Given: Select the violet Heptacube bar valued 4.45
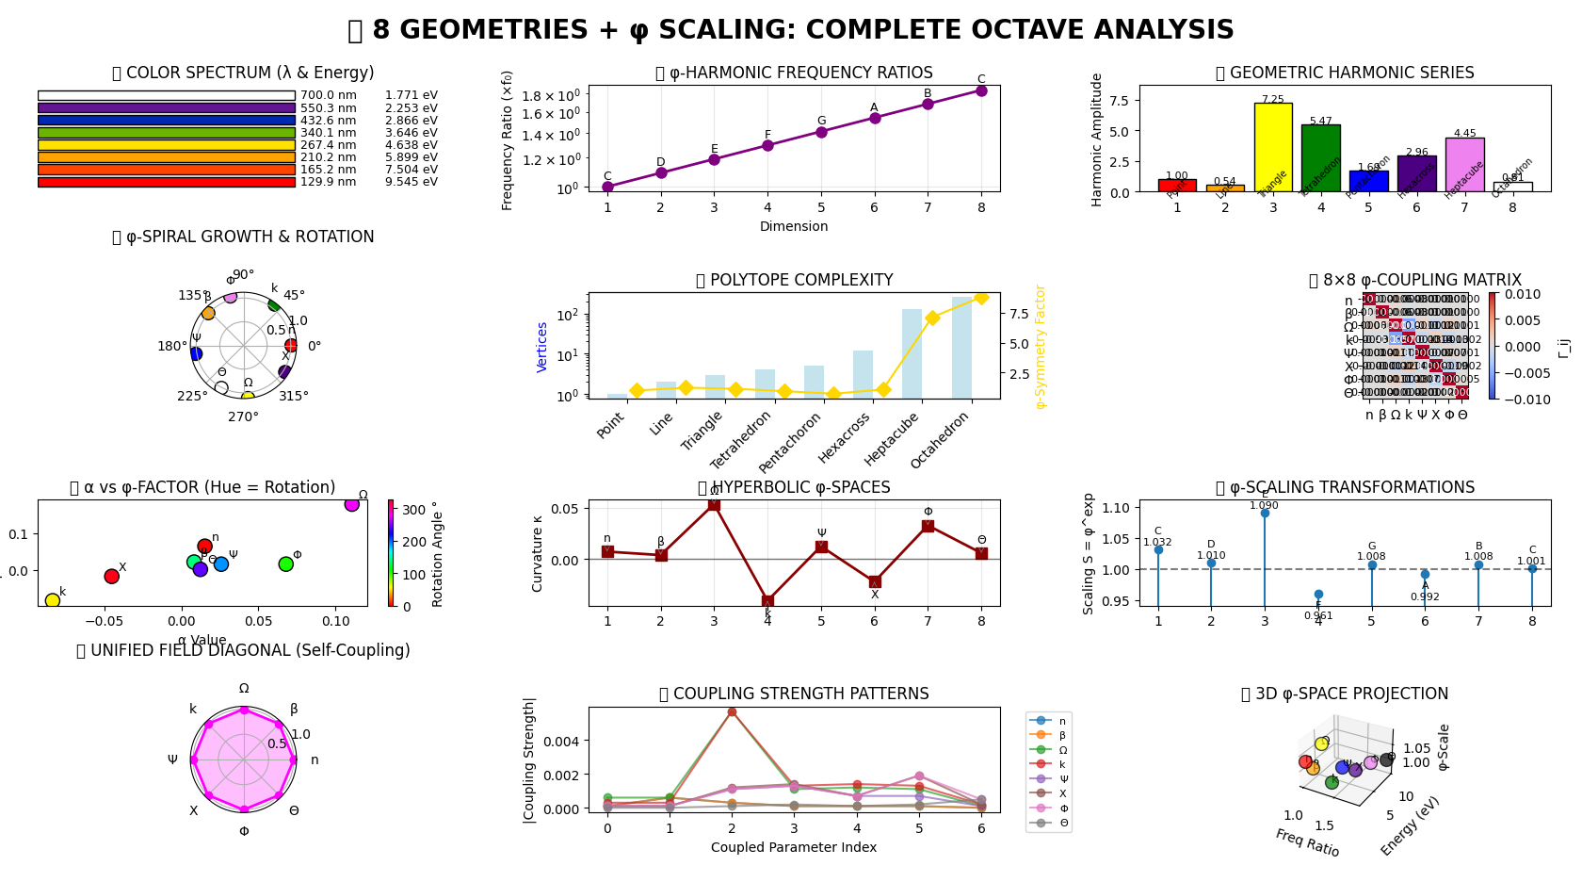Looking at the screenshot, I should click(1464, 165).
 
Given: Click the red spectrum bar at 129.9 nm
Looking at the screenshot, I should click(167, 182).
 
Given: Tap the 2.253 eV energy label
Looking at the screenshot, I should click(411, 108).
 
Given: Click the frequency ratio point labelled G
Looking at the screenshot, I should click(821, 132).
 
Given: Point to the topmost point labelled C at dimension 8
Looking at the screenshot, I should click(981, 90).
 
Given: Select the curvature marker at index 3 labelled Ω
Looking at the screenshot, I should click(714, 504).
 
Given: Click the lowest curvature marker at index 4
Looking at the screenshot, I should click(767, 601).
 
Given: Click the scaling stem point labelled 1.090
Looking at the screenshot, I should click(1265, 513).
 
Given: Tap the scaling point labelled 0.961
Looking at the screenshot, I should click(1318, 595).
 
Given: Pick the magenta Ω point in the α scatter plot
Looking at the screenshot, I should click(352, 504).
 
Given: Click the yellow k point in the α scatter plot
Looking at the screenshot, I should click(53, 600).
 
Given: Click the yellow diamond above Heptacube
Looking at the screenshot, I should click(932, 318).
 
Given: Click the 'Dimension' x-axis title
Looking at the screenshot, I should click(794, 226).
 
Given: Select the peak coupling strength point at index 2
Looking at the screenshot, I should click(732, 712).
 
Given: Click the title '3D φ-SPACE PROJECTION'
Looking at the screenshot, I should click(1345, 694).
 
